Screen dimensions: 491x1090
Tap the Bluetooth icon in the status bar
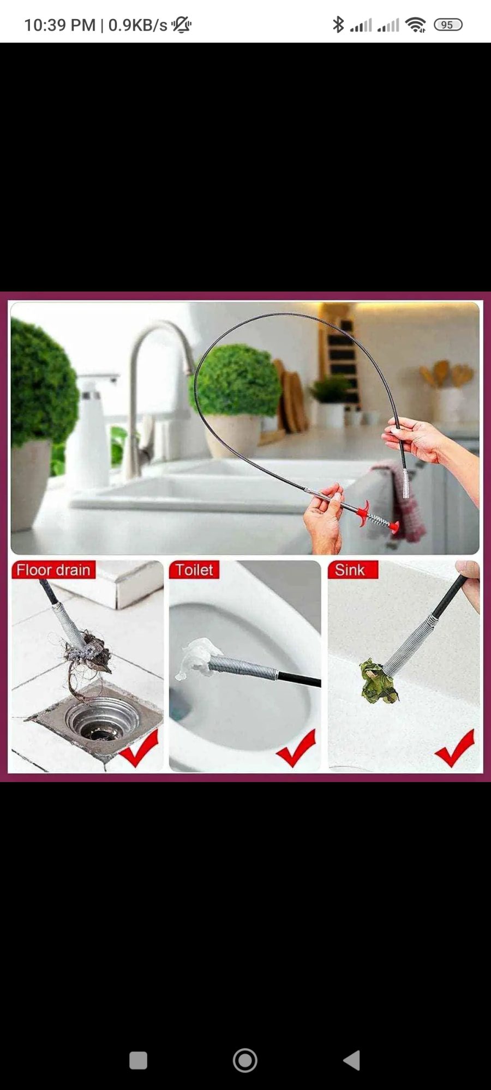pos(338,25)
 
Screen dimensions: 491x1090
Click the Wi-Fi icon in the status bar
pos(416,25)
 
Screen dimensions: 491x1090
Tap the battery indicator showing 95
pos(448,25)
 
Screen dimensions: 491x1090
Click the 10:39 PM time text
pos(60,25)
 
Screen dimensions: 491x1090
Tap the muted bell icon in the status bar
pos(181,25)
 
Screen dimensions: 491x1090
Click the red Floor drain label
pos(53,570)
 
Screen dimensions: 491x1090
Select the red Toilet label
pos(194,570)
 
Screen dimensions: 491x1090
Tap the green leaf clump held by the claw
pos(378,680)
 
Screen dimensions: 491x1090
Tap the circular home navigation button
pos(245,1060)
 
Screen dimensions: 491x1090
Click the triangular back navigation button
pos(352,1060)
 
